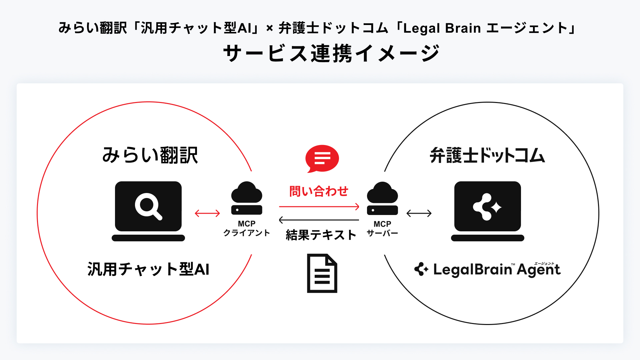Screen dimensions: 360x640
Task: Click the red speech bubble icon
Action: pyautogui.click(x=322, y=158)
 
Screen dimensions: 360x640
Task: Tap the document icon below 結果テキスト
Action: pyautogui.click(x=322, y=273)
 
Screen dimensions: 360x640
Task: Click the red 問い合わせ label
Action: pyautogui.click(x=319, y=191)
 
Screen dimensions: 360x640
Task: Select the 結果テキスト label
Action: pyautogui.click(x=321, y=235)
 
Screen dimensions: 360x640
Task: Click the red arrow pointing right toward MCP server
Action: pyautogui.click(x=319, y=207)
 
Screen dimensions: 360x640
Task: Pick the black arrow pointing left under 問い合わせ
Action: pyautogui.click(x=319, y=220)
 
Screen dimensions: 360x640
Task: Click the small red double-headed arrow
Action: pyautogui.click(x=207, y=213)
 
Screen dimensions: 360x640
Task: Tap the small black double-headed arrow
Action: pyautogui.click(x=419, y=213)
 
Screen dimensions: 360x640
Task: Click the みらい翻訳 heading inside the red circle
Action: pyautogui.click(x=150, y=155)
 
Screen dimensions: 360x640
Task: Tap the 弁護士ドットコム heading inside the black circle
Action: pyautogui.click(x=487, y=155)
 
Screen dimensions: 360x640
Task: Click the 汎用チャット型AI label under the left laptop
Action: pyautogui.click(x=148, y=269)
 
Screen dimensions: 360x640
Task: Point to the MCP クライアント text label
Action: pyautogui.click(x=247, y=229)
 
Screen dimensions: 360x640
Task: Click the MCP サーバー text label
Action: pyautogui.click(x=382, y=229)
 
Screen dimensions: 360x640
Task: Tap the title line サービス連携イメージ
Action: pyautogui.click(x=332, y=53)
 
